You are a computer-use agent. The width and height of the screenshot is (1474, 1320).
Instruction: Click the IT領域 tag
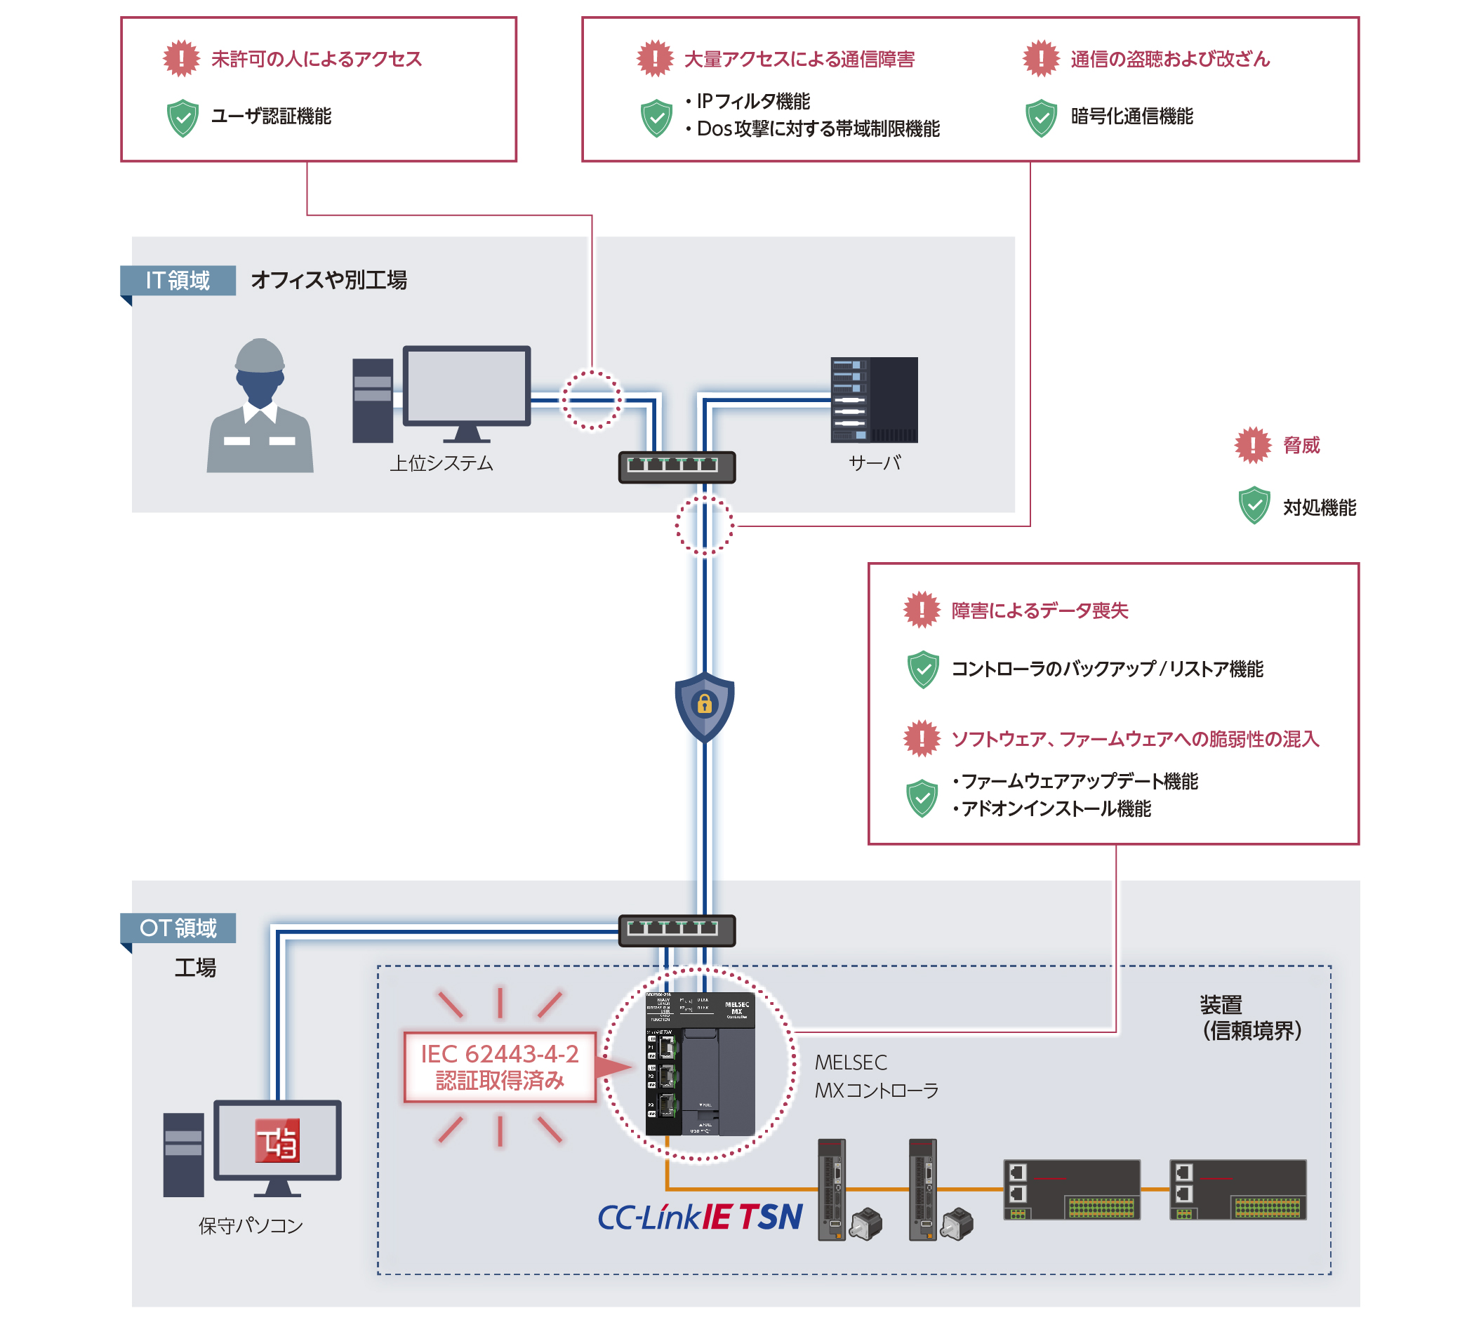(178, 280)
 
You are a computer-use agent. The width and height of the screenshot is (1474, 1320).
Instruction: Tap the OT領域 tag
(178, 928)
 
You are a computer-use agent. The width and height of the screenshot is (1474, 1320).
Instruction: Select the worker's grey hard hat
(259, 355)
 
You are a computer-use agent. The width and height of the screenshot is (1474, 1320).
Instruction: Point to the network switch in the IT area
(676, 467)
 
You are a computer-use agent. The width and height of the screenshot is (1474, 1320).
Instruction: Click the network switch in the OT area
(676, 931)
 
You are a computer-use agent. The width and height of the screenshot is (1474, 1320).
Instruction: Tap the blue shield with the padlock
(703, 705)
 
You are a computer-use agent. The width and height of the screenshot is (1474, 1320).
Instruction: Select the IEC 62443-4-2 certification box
(499, 1067)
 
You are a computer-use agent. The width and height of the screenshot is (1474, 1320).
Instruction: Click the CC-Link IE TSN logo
(699, 1217)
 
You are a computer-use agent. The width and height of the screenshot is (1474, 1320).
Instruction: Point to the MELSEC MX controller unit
(699, 1063)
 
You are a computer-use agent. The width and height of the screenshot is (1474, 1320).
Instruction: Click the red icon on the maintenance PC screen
(277, 1140)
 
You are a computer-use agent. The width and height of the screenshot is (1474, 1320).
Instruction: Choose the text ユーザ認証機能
(270, 116)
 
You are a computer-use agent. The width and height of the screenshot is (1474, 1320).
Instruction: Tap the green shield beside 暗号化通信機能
(1040, 117)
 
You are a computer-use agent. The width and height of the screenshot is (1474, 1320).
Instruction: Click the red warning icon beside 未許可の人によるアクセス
(180, 58)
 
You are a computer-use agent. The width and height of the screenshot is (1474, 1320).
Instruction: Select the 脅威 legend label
(1301, 446)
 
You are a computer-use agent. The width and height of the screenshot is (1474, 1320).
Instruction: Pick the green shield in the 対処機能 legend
(1254, 505)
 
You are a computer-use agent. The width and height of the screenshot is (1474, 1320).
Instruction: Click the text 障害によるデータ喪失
(1039, 611)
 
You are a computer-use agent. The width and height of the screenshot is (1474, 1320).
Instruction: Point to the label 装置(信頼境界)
(1251, 1018)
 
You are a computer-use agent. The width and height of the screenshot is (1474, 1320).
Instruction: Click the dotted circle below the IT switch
(703, 526)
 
